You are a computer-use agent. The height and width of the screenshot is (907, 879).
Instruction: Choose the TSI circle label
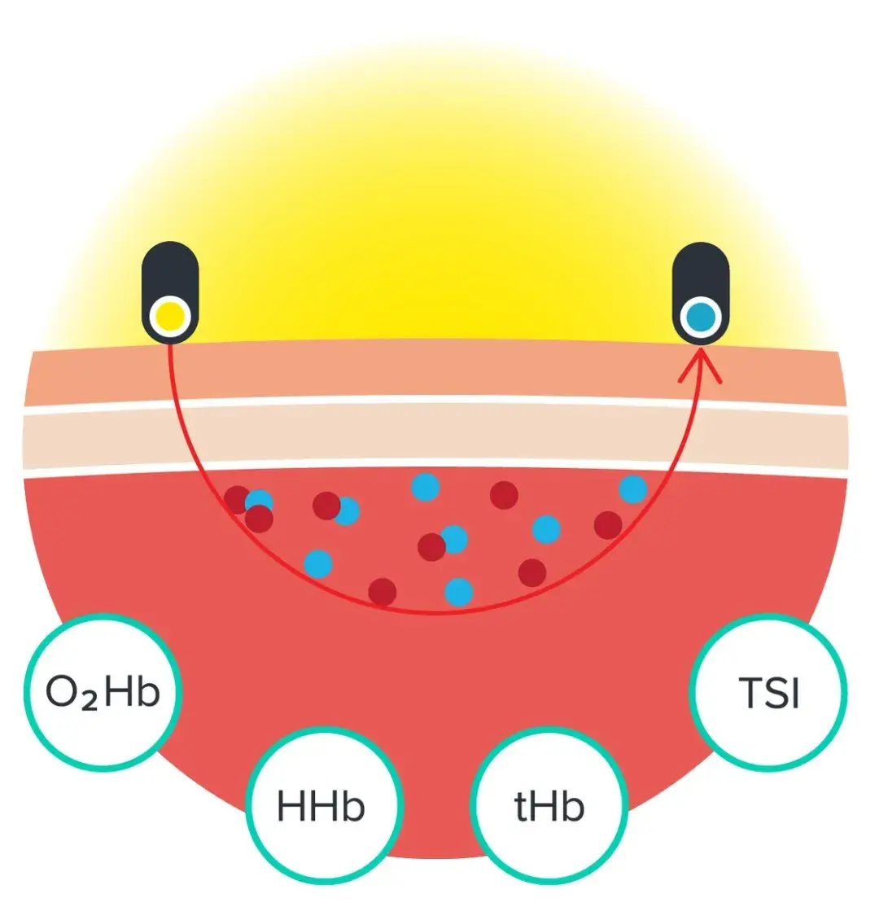pyautogui.click(x=769, y=693)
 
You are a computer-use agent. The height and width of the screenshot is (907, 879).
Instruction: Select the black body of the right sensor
pyautogui.click(x=701, y=269)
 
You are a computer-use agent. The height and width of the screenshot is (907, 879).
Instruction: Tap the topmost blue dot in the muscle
pyautogui.click(x=425, y=486)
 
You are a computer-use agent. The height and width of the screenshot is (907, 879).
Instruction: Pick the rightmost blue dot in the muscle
pyautogui.click(x=632, y=489)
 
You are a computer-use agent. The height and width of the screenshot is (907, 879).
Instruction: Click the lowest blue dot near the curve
pyautogui.click(x=459, y=591)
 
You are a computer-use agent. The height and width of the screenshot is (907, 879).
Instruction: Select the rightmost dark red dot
pyautogui.click(x=607, y=525)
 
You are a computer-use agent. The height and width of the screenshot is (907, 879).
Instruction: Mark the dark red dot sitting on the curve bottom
pyautogui.click(x=382, y=592)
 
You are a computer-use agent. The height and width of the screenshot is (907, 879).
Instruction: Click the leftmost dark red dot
pyautogui.click(x=237, y=499)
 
